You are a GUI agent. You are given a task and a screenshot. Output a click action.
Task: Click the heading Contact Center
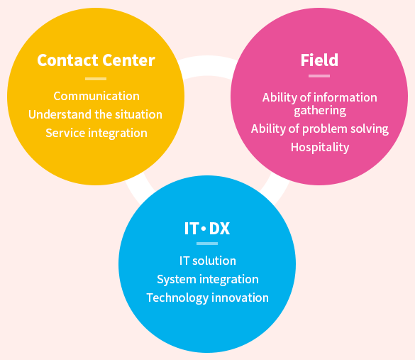pos(96,60)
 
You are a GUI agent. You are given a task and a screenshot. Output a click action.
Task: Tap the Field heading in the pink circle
pos(319,60)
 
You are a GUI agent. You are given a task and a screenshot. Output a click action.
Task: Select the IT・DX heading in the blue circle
pos(207,229)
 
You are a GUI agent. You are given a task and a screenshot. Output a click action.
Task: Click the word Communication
pos(96,96)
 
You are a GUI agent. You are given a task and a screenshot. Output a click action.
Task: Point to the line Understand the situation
pos(95,114)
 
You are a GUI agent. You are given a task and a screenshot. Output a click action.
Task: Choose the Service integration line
pos(96,133)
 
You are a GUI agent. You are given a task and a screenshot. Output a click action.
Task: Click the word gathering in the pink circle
pos(320,111)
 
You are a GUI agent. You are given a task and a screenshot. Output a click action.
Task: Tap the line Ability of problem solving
pos(320,129)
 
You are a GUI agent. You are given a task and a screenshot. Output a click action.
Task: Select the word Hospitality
pos(320,147)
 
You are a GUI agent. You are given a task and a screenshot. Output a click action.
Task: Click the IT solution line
pos(207,261)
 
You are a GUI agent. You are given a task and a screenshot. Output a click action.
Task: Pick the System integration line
pos(207,280)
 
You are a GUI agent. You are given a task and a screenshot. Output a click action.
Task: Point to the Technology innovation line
pos(207,298)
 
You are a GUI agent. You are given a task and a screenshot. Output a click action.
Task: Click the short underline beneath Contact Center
pos(96,79)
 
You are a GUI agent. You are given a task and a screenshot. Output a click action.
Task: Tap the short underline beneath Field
pos(319,76)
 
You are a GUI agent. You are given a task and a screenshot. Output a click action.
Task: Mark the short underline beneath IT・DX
pos(207,244)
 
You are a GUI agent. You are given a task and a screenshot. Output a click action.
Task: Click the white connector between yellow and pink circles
pos(207,67)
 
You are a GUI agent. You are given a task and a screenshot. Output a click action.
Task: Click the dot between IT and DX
pos(204,228)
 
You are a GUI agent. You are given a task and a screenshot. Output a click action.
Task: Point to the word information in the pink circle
pos(345,97)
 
